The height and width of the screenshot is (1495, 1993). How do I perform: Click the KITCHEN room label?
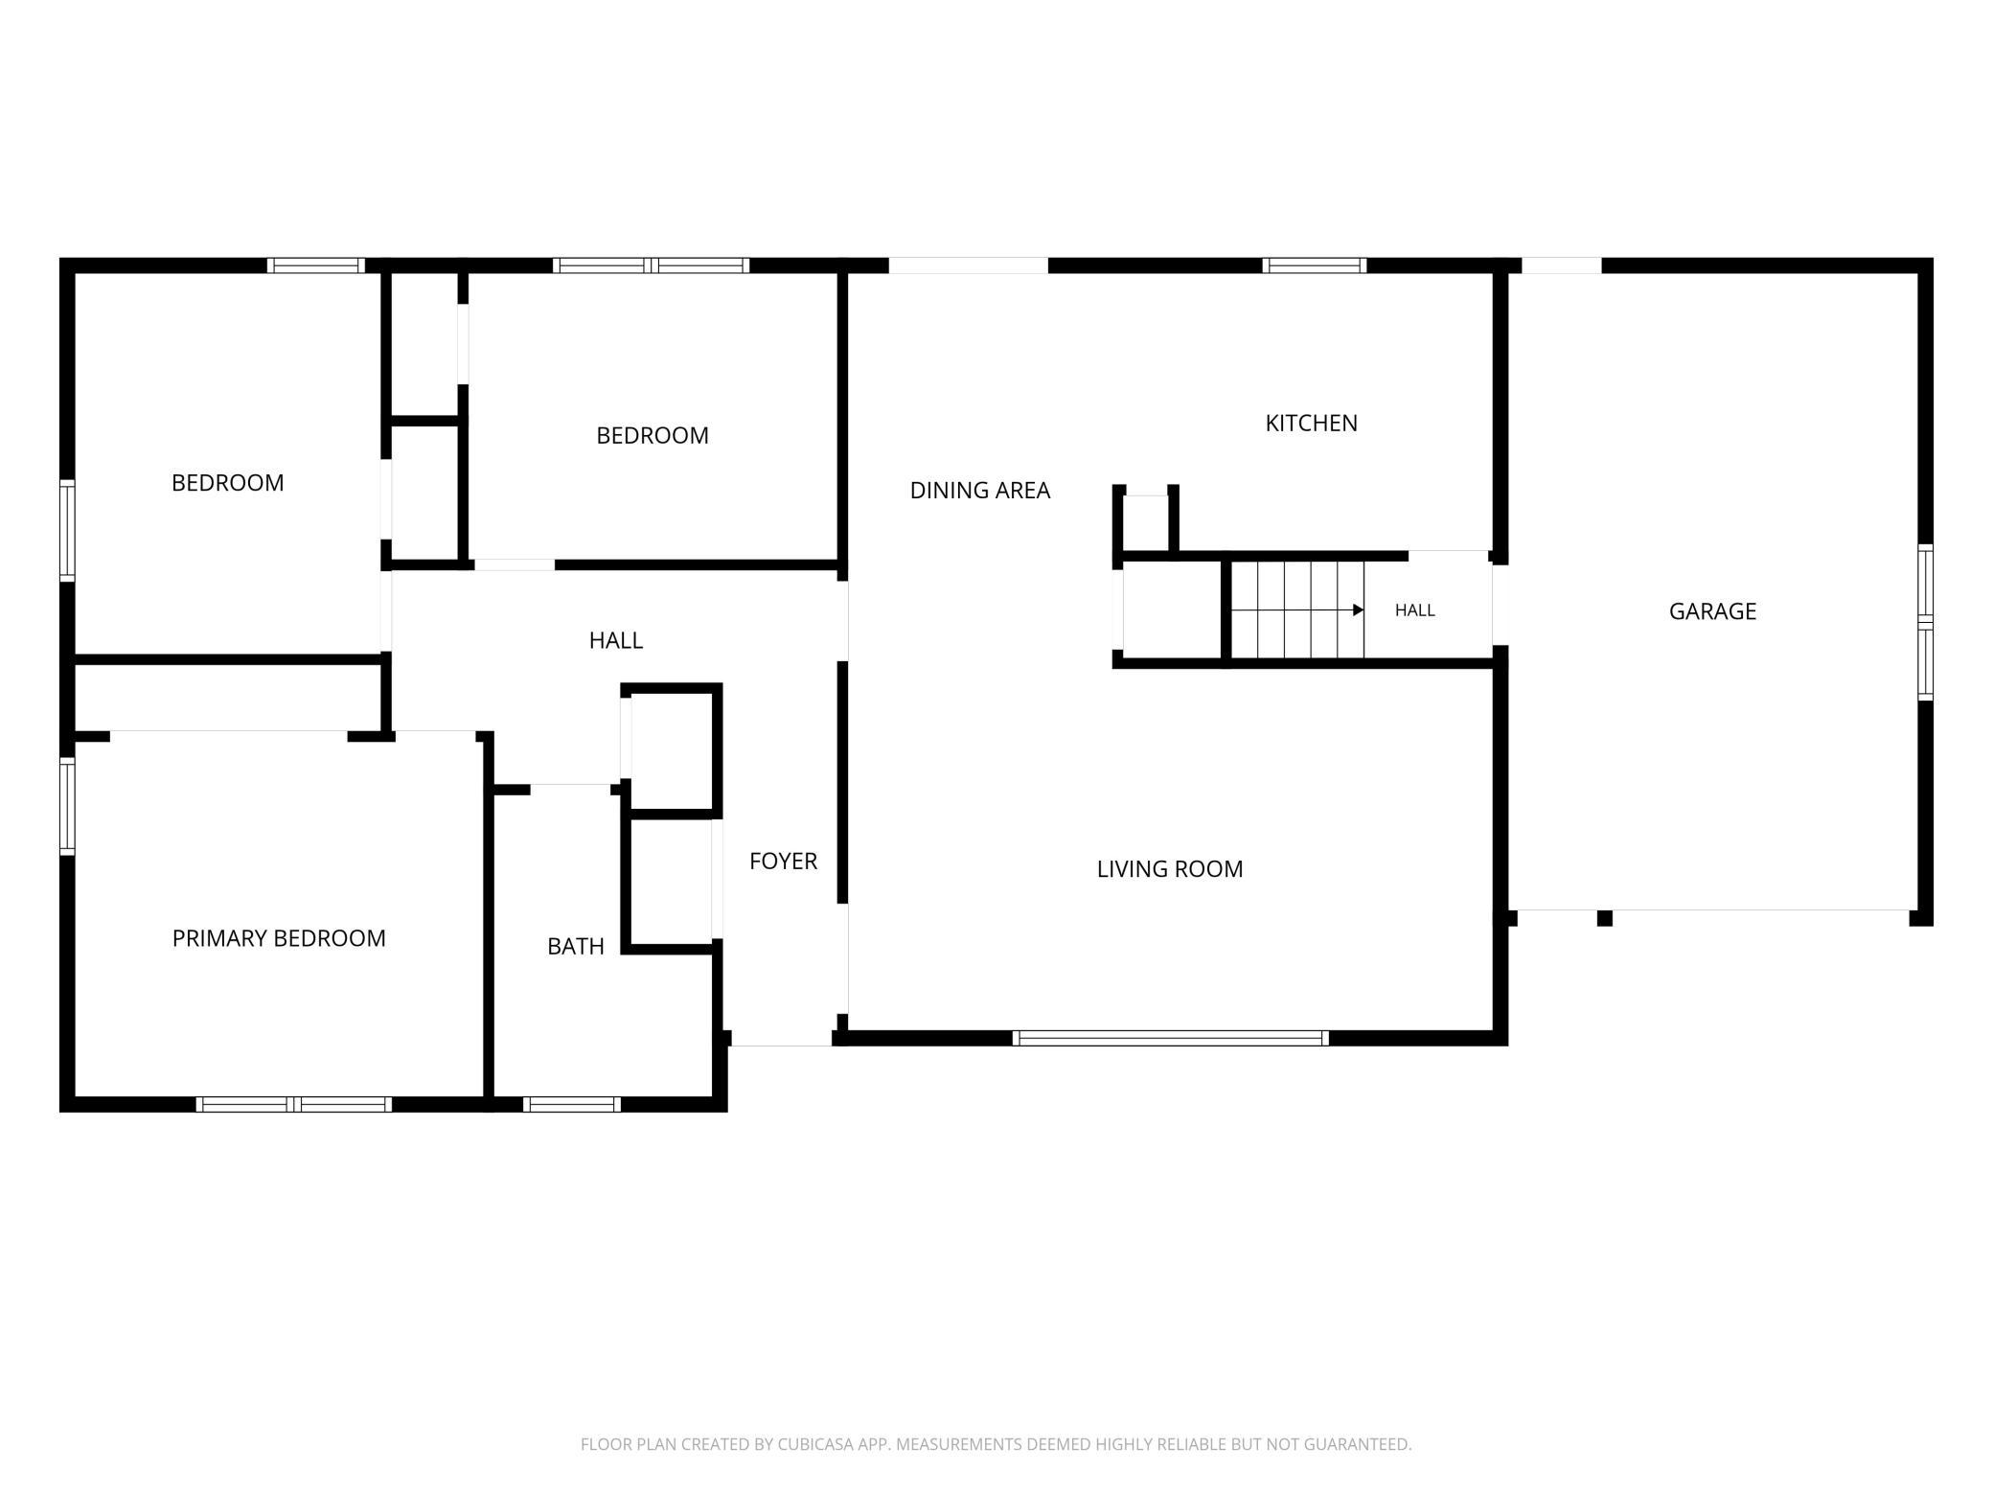tap(1311, 423)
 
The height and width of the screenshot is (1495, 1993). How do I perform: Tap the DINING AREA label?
tap(979, 490)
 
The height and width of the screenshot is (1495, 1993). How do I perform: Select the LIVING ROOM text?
tap(1169, 868)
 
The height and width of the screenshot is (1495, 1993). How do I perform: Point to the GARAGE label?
tap(1712, 611)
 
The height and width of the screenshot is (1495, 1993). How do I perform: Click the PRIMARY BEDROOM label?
tap(279, 938)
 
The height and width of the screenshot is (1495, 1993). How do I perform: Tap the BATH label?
tap(575, 946)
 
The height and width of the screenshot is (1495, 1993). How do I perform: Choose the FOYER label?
tap(783, 861)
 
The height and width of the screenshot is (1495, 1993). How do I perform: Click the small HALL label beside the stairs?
tap(1414, 610)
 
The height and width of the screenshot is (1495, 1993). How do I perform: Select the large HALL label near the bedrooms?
tap(615, 640)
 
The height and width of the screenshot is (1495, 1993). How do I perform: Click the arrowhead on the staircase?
tap(1358, 610)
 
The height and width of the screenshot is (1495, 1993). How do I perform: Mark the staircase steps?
tap(1297, 610)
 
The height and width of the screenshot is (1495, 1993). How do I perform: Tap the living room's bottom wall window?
tap(1170, 1038)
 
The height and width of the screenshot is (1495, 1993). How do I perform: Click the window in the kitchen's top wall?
tap(1314, 265)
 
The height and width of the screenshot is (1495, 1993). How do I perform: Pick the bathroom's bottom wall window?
tap(571, 1104)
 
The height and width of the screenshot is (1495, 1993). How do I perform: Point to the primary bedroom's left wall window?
tap(67, 806)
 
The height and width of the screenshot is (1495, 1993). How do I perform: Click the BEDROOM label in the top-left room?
tap(227, 483)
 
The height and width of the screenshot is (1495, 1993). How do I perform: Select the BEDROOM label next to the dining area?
tap(652, 435)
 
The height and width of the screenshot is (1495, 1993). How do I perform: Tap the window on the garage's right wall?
tap(1925, 622)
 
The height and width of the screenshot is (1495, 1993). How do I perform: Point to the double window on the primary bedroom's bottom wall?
tap(294, 1104)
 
